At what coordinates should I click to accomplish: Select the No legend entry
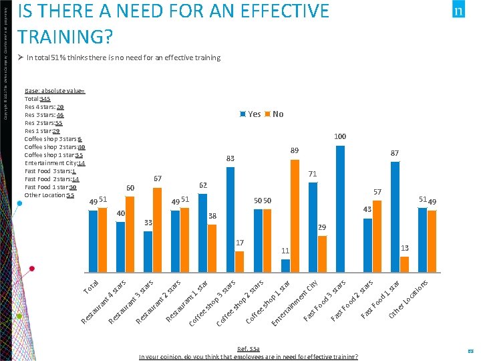[x=274, y=114]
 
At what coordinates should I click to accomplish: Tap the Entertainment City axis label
[x=294, y=304]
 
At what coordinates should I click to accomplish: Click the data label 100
[x=340, y=137]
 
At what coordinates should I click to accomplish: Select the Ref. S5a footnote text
[x=248, y=349]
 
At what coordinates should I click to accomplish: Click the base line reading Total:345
[x=37, y=99]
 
